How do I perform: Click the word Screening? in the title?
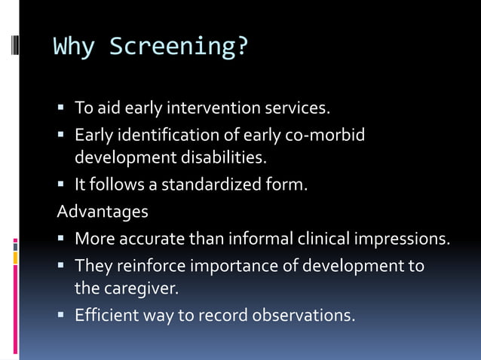[x=179, y=47]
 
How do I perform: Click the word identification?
[x=168, y=136]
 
